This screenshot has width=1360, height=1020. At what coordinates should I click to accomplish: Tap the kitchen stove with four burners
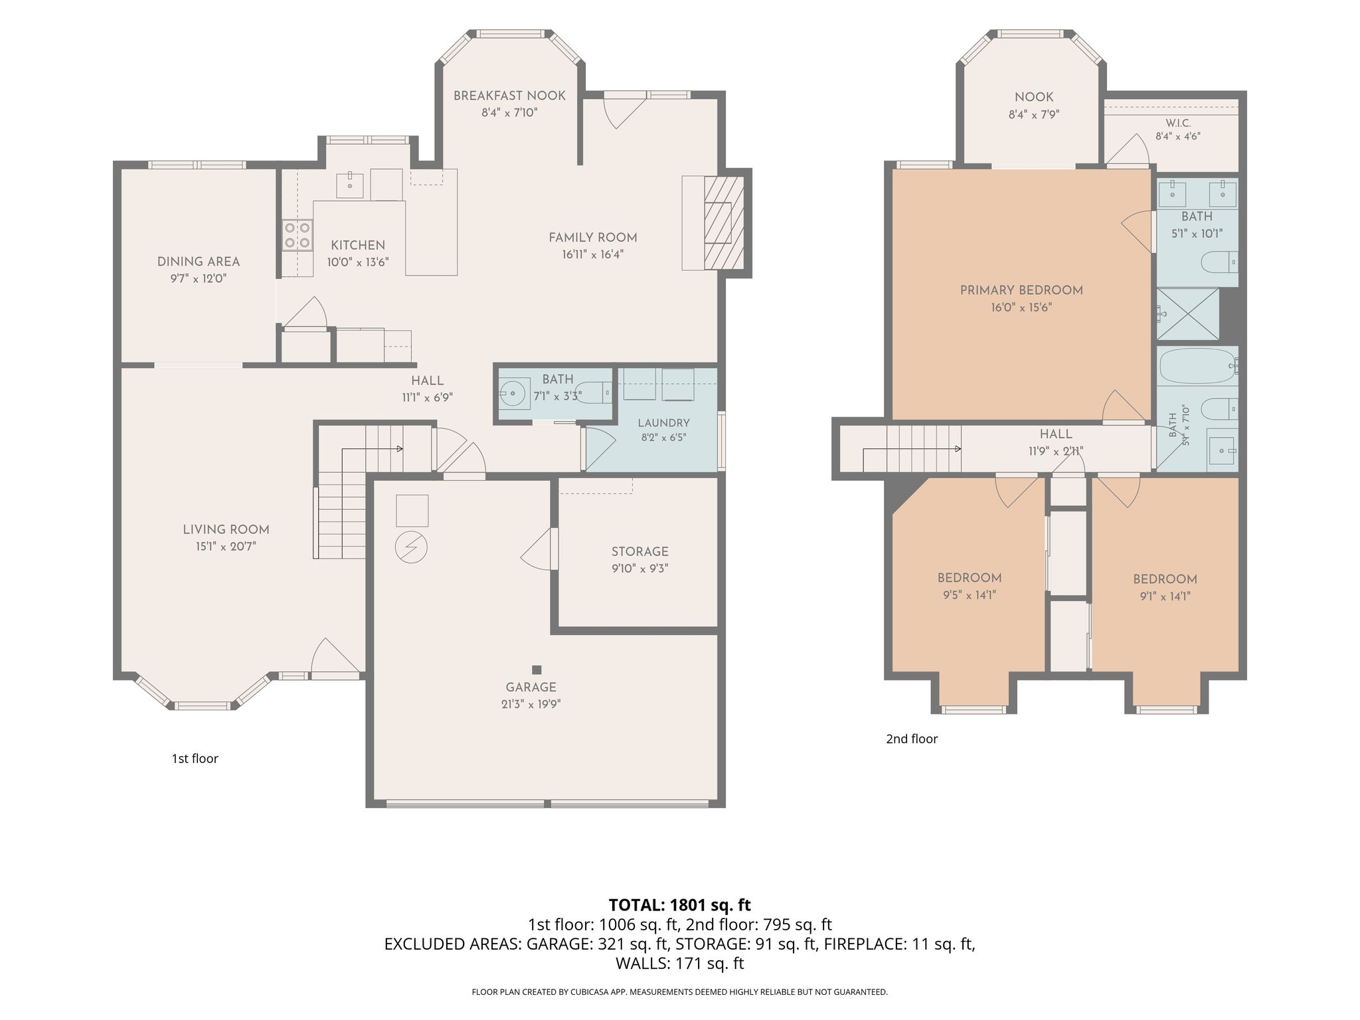coord(297,235)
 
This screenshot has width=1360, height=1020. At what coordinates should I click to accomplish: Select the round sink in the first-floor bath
coord(513,394)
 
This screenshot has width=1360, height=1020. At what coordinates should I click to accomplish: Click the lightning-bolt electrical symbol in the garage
coord(411,547)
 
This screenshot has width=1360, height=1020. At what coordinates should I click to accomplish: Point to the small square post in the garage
coord(537,669)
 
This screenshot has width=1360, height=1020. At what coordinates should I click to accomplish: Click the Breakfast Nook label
coord(509,96)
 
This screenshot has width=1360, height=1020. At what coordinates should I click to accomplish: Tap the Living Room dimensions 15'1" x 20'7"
coord(226,547)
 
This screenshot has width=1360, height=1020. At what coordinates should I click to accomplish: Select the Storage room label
coord(640,551)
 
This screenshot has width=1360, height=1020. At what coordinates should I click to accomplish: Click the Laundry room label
coord(663,423)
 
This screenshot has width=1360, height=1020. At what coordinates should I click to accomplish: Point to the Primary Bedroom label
coord(1021,290)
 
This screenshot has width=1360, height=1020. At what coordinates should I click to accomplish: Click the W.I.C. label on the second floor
coord(1178,124)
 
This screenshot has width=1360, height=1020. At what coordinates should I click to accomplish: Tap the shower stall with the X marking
coord(1188,313)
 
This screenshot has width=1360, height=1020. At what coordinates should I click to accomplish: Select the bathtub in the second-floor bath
coord(1197,366)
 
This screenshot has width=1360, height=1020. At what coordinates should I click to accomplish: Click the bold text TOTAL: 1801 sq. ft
coord(679,904)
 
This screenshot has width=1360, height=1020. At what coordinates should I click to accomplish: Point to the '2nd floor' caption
coord(912,738)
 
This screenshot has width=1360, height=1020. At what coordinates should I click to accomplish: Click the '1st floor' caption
coord(195,758)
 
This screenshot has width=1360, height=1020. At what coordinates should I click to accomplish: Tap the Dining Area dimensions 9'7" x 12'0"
coord(199,278)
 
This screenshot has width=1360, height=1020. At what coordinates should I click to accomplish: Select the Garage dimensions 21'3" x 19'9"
coord(531,704)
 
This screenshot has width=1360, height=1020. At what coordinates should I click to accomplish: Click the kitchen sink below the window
coord(350,185)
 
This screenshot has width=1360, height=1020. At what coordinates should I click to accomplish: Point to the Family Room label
coord(592,237)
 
